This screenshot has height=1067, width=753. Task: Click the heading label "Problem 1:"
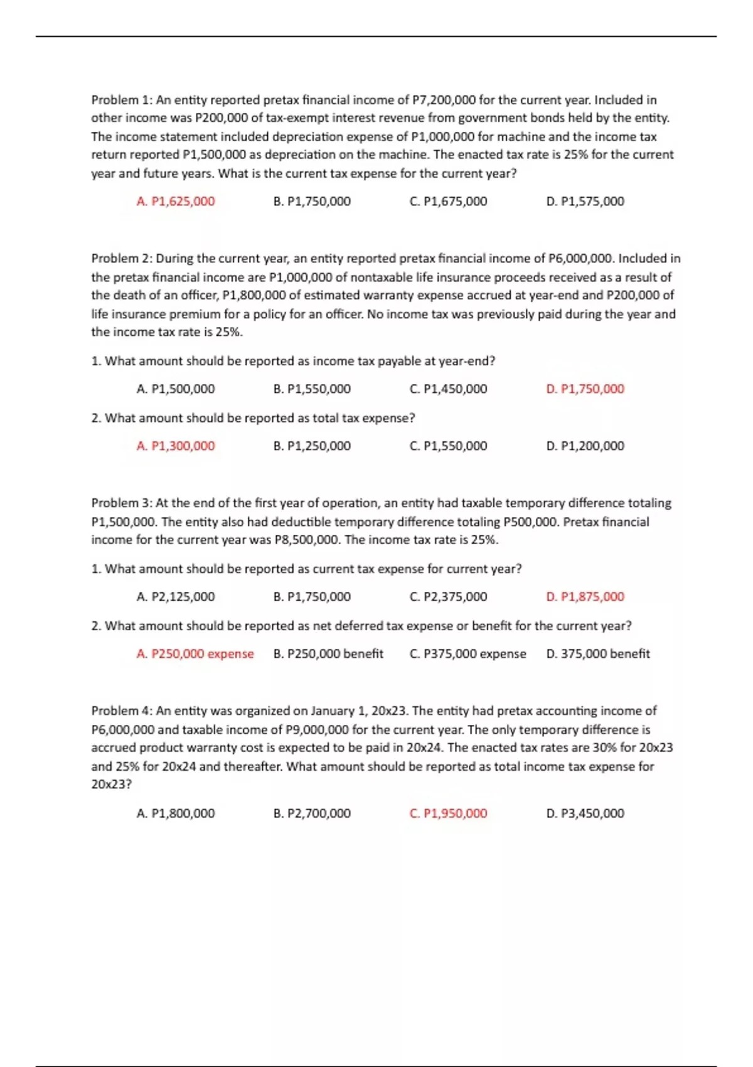coord(122,100)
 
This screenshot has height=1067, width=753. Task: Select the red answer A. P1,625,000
coord(175,201)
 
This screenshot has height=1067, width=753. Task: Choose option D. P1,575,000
coord(585,201)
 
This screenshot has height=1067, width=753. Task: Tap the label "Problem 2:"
coord(122,259)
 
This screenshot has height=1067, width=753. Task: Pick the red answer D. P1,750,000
coord(585,389)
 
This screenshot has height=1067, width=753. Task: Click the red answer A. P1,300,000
coord(175,446)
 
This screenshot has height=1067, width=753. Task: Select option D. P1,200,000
coord(585,446)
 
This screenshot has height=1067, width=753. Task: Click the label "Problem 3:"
coord(122,503)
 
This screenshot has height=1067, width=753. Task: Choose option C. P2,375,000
coord(448,597)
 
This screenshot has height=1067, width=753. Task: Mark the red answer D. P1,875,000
coord(585,597)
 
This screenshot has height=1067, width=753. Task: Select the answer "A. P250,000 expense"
coord(195,654)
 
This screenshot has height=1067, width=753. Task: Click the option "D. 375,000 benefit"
coord(597,654)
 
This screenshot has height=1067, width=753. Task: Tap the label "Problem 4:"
coord(122,711)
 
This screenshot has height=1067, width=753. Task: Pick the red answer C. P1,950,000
coord(448,813)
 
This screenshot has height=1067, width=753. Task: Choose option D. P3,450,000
coord(585,813)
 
